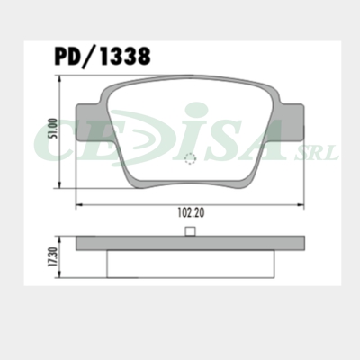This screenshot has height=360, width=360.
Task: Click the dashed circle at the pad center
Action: pyautogui.click(x=190, y=159)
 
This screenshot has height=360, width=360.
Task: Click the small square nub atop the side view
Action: pyautogui.click(x=190, y=232)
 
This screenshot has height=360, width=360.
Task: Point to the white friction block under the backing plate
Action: pyautogui.click(x=190, y=264)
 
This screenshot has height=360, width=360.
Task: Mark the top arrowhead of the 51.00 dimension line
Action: pyautogui.click(x=61, y=79)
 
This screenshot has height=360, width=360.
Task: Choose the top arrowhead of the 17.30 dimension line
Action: pyautogui.click(x=61, y=239)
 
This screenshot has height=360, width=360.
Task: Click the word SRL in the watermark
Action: pyautogui.click(x=321, y=154)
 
